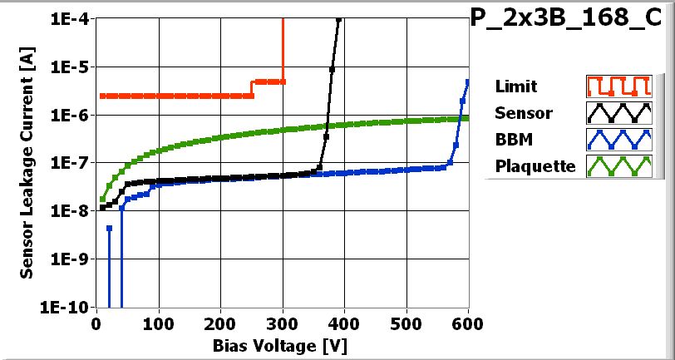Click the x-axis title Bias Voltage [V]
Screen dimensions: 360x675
click(x=282, y=343)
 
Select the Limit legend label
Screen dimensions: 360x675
click(x=515, y=86)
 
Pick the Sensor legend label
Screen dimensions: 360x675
click(x=522, y=112)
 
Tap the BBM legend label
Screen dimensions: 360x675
click(x=510, y=139)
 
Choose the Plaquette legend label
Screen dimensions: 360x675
click(x=535, y=165)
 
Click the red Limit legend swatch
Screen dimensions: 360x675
click(x=616, y=86)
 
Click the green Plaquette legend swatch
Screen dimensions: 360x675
click(x=616, y=165)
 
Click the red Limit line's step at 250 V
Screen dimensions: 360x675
click(x=252, y=88)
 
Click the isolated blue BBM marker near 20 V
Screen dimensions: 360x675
click(x=109, y=228)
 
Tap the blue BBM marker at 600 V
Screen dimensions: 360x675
click(x=468, y=81)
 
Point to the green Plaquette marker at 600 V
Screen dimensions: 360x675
click(x=467, y=118)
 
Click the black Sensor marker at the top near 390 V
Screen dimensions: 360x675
click(x=338, y=20)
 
